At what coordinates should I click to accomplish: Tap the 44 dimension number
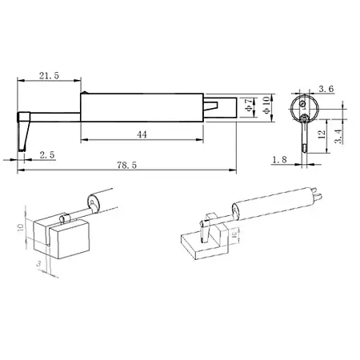pos(142,134)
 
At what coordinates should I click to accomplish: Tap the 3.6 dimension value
pos(326,89)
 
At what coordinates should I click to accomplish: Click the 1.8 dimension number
pos(278,159)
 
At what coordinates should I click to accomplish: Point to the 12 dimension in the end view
pos(320,134)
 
